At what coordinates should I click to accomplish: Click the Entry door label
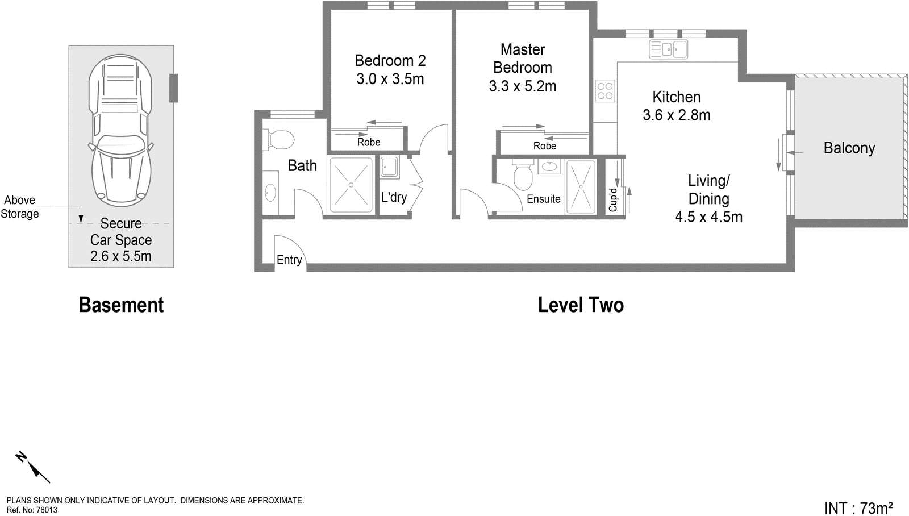coord(289,260)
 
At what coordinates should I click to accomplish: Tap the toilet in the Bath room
coord(278,139)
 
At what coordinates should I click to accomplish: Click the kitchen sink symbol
coord(669,49)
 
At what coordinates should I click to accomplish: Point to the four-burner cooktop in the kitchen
coord(605,91)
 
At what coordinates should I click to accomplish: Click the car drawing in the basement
coord(120,130)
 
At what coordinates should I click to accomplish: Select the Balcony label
coord(849,148)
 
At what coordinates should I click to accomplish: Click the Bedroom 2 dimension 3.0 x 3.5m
coord(390,79)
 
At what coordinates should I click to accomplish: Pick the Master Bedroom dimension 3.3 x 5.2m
coord(523,86)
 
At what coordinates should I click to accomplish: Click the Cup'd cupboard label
coord(613,199)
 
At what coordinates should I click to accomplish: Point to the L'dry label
coord(394,197)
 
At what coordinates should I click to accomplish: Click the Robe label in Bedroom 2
coord(369,142)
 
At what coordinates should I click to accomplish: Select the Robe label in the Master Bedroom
coord(544,146)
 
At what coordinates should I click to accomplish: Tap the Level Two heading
coord(581,305)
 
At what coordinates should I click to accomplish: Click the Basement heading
coord(121,305)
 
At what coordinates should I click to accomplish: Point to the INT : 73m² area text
coord(858,507)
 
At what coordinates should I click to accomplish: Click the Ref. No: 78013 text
coord(32,510)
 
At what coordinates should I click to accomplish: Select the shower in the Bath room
coord(351,185)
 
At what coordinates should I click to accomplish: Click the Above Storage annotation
coord(20,207)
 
